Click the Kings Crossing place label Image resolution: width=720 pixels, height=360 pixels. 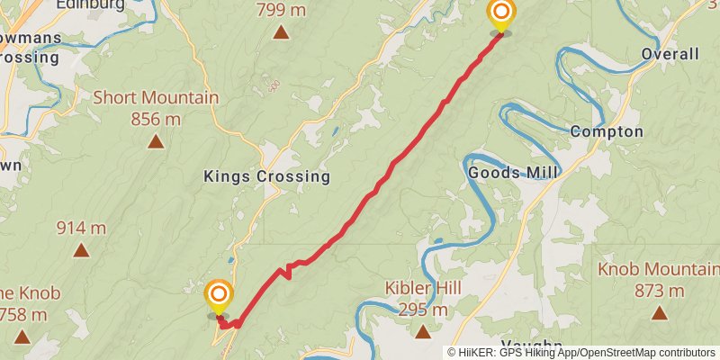(x=266, y=176)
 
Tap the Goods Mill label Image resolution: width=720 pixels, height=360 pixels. (x=513, y=172)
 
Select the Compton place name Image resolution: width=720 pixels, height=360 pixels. (x=607, y=132)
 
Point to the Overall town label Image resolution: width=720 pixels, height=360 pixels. (x=670, y=55)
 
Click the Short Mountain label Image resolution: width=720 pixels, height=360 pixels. (x=156, y=97)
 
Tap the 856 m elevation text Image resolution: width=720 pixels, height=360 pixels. (x=156, y=119)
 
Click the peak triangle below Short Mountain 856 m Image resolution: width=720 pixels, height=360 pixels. (x=156, y=140)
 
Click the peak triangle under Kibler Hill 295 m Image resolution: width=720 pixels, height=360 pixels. (x=423, y=331)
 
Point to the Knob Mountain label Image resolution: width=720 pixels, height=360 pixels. (x=659, y=270)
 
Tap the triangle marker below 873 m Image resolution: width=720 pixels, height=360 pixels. (x=660, y=313)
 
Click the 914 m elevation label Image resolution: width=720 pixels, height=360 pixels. (x=81, y=228)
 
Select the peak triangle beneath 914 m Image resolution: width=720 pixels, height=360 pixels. (x=81, y=250)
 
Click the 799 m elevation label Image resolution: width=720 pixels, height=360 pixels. (x=282, y=11)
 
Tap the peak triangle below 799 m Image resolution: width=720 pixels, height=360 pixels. (x=282, y=33)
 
